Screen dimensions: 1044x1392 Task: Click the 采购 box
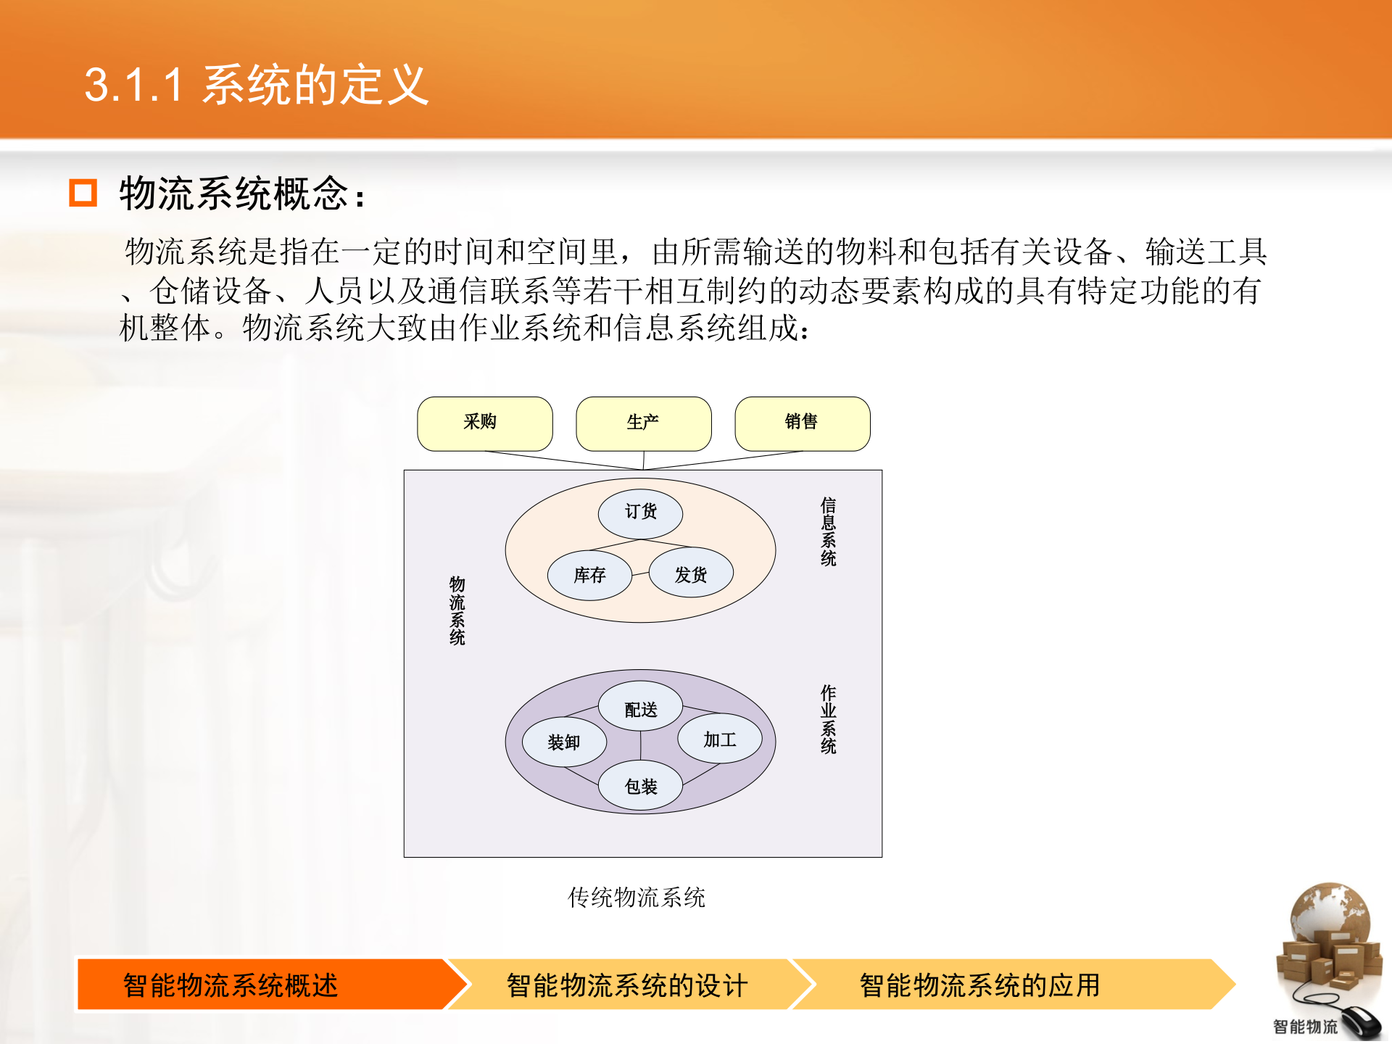484,423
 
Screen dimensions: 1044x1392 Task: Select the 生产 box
643,423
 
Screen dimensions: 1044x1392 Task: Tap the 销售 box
802,423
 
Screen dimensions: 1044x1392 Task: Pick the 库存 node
589,576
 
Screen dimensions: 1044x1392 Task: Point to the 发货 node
691,573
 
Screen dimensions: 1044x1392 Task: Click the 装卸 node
564,742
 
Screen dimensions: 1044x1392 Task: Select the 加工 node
720,739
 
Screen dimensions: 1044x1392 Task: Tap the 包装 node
640,786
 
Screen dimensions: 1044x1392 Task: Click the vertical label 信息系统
828,531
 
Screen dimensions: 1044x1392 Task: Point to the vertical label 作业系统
828,719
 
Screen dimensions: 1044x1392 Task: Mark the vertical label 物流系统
457,610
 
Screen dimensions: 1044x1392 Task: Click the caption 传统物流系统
636,898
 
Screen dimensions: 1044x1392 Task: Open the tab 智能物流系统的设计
626,985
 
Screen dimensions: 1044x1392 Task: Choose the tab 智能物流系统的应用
979,985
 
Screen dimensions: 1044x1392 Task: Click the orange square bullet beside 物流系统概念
83,193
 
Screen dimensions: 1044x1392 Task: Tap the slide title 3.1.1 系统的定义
257,85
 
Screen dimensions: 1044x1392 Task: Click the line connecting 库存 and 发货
640,574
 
